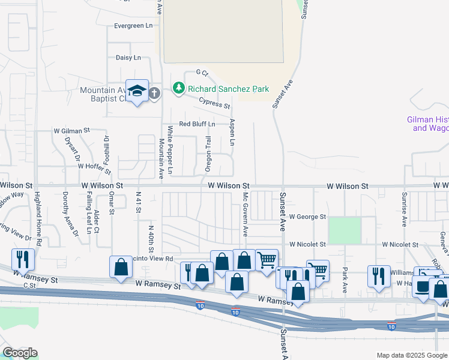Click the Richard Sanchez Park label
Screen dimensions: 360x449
point(228,89)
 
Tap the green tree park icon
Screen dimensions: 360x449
point(178,89)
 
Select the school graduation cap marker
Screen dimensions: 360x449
point(137,91)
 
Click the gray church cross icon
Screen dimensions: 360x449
point(154,93)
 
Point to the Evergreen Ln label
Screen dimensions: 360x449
point(133,26)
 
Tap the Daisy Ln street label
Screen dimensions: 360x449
point(128,58)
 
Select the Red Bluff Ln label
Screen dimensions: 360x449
point(197,124)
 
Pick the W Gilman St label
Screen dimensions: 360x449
point(71,130)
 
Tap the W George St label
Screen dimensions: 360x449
point(307,216)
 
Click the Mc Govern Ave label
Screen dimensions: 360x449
point(245,215)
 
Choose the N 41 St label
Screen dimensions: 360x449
point(138,204)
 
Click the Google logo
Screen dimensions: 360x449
point(20,353)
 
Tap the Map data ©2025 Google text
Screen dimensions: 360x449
point(411,355)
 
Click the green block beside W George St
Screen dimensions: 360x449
point(345,230)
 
